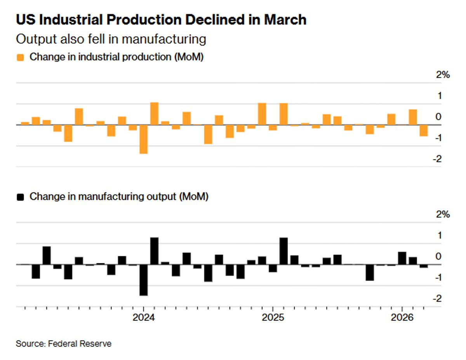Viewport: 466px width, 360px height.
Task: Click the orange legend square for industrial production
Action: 21,57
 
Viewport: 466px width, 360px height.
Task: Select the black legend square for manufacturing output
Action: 21,197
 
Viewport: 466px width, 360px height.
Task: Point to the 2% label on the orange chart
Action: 443,75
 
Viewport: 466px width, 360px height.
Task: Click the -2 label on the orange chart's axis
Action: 438,159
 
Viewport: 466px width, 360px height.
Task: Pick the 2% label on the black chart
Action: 443,214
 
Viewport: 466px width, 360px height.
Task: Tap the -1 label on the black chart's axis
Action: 438,278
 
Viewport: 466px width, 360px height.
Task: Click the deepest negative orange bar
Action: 143,139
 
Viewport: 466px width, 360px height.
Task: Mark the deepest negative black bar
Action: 143,280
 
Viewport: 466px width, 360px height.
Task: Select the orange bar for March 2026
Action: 424,130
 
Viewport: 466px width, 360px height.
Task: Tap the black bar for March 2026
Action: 424,266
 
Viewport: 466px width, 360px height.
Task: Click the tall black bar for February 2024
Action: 154,251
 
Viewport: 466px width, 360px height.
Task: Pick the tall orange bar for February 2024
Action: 154,113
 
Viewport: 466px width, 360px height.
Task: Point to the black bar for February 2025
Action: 283,251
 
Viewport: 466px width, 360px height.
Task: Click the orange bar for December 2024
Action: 262,114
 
